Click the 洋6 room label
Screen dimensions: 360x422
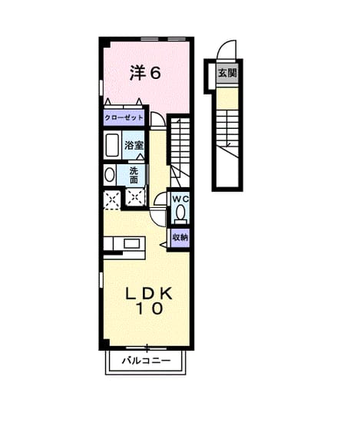(x=145, y=73)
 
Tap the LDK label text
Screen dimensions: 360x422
(x=149, y=294)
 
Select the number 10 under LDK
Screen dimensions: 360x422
(x=150, y=308)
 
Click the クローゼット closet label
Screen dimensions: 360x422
(x=124, y=118)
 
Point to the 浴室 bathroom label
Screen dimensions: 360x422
(x=134, y=146)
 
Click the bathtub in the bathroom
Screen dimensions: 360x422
(x=112, y=145)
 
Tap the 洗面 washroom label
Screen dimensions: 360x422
(x=134, y=175)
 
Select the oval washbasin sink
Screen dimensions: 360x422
(x=109, y=175)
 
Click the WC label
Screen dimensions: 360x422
(x=180, y=199)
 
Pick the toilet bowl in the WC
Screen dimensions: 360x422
(x=180, y=212)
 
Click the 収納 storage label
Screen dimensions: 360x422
(x=180, y=237)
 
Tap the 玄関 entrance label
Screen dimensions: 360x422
(x=227, y=73)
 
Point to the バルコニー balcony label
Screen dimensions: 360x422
(x=146, y=360)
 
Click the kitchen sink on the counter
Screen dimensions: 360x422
(x=131, y=243)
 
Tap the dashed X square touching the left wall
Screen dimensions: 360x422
(x=112, y=199)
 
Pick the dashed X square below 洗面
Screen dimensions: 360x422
(x=135, y=198)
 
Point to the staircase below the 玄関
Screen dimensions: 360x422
(x=227, y=134)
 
